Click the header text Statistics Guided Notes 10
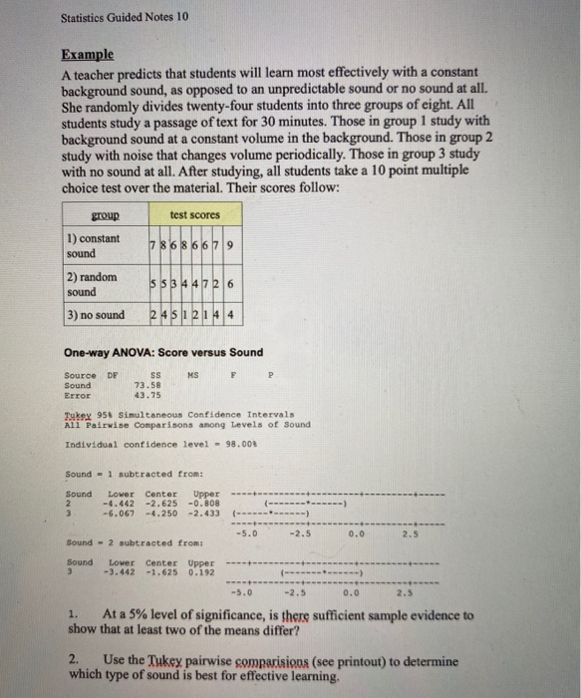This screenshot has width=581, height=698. coord(118,17)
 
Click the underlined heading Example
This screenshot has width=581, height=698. coord(88,55)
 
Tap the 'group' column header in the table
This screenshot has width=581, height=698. coord(105,213)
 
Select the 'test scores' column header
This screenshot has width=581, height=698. coord(192,213)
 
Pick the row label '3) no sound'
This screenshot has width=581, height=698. coord(97,315)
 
